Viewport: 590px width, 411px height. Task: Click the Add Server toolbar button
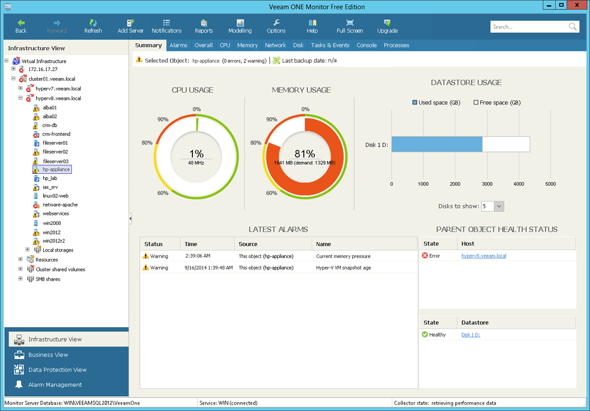click(130, 26)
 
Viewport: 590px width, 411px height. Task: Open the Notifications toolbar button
click(166, 26)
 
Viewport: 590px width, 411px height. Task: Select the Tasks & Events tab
click(330, 45)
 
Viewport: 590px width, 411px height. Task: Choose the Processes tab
click(396, 45)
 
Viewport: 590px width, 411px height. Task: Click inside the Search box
click(528, 27)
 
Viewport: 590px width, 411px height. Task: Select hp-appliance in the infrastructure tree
click(56, 169)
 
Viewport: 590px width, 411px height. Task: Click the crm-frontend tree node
click(56, 134)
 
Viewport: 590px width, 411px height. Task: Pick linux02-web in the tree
click(55, 195)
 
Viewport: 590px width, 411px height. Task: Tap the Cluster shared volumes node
click(60, 269)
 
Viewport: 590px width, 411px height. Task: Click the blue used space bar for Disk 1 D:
click(437, 144)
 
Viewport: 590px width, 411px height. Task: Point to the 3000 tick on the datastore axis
click(487, 184)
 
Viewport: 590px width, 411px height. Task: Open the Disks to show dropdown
click(499, 206)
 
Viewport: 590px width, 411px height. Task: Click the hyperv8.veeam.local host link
click(483, 256)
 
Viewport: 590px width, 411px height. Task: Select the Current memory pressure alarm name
click(343, 256)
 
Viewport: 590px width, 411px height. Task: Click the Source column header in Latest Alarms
click(248, 244)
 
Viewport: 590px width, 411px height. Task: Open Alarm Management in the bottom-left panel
click(55, 384)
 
